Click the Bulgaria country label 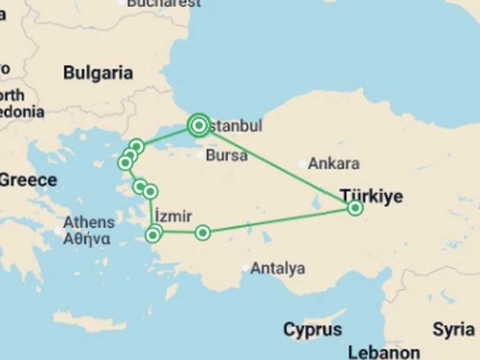click(x=98, y=72)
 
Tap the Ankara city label click(x=334, y=164)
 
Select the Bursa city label click(x=226, y=155)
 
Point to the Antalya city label click(x=277, y=269)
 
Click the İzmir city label click(x=172, y=216)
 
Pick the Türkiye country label click(x=371, y=196)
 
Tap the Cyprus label click(x=312, y=329)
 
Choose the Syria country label click(x=453, y=329)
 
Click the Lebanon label click(x=384, y=352)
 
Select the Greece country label click(x=27, y=181)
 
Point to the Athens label click(x=89, y=222)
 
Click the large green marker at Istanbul click(x=199, y=126)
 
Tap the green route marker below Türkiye click(x=354, y=208)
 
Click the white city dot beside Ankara click(x=302, y=164)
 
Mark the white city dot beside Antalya click(x=245, y=268)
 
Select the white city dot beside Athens click(x=57, y=231)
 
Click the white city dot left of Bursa click(x=200, y=155)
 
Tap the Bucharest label click(x=164, y=3)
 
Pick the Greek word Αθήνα click(x=87, y=238)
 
